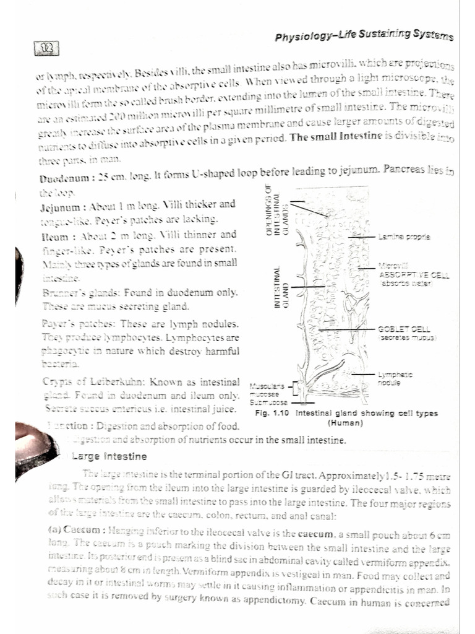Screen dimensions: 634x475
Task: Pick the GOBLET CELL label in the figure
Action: click(x=404, y=330)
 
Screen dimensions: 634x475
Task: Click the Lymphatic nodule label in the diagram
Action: click(x=396, y=378)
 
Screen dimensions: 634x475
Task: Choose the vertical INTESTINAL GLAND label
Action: click(x=282, y=288)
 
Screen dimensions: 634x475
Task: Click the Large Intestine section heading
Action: click(x=109, y=457)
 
